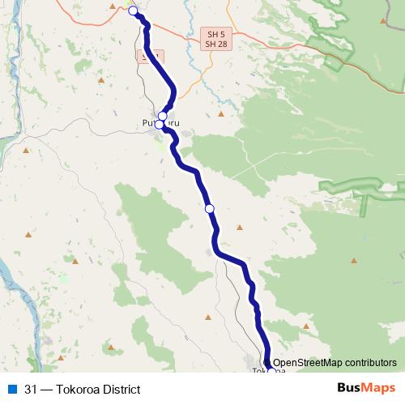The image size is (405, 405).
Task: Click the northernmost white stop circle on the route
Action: tap(134, 11)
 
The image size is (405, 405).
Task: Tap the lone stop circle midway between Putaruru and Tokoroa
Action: tap(210, 209)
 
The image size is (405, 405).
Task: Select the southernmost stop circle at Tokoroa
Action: tap(272, 372)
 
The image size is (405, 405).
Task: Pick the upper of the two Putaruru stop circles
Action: tap(162, 117)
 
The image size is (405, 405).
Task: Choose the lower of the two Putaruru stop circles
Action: tap(160, 125)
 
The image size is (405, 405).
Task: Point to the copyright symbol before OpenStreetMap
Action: tap(268, 363)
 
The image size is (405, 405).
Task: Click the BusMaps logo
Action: tap(366, 389)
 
